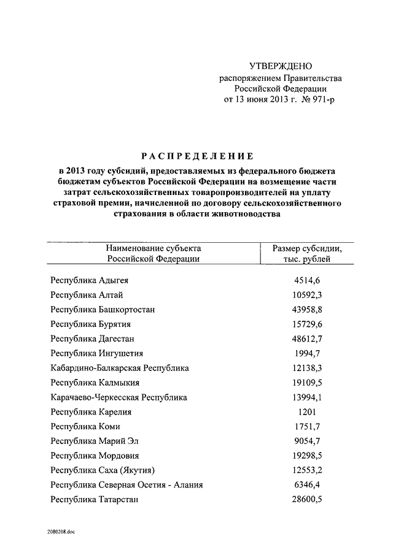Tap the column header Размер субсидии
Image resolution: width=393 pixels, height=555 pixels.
click(x=307, y=248)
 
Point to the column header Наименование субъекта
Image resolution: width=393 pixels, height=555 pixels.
click(x=154, y=248)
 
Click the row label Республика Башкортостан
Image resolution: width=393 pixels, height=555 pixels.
click(x=103, y=310)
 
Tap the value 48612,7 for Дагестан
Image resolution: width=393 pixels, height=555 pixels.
click(x=307, y=339)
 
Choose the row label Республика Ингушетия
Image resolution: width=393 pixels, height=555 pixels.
click(x=97, y=353)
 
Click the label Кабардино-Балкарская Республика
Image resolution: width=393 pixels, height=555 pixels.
click(x=120, y=368)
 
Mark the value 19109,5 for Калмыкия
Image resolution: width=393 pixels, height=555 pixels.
click(x=307, y=383)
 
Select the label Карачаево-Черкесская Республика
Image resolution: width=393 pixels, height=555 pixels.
click(x=119, y=397)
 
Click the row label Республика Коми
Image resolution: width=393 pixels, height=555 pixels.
click(x=85, y=426)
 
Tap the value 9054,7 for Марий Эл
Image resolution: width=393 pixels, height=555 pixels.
click(x=307, y=441)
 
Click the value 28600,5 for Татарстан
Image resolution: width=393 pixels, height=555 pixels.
click(x=307, y=500)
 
